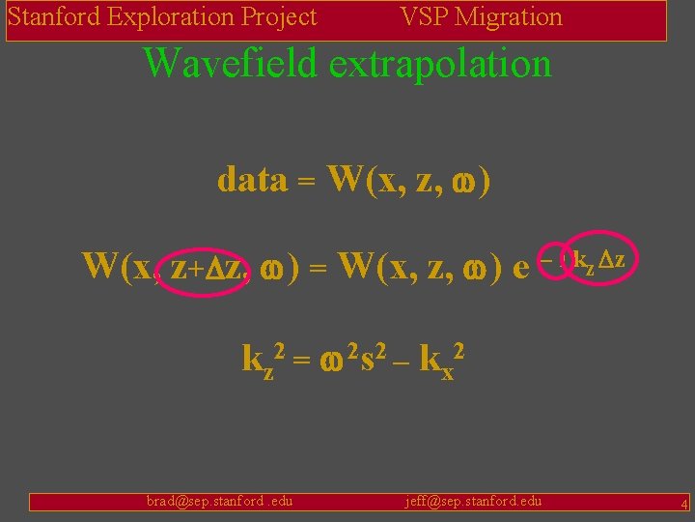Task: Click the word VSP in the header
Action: (x=423, y=17)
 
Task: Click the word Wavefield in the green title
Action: (x=230, y=65)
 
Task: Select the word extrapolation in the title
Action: (x=440, y=65)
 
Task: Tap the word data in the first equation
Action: (x=252, y=179)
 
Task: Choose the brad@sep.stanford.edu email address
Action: (x=219, y=501)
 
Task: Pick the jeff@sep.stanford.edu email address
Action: (x=473, y=501)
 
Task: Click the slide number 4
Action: (x=683, y=504)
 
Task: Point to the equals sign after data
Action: (x=307, y=181)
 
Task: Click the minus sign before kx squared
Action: (x=402, y=361)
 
